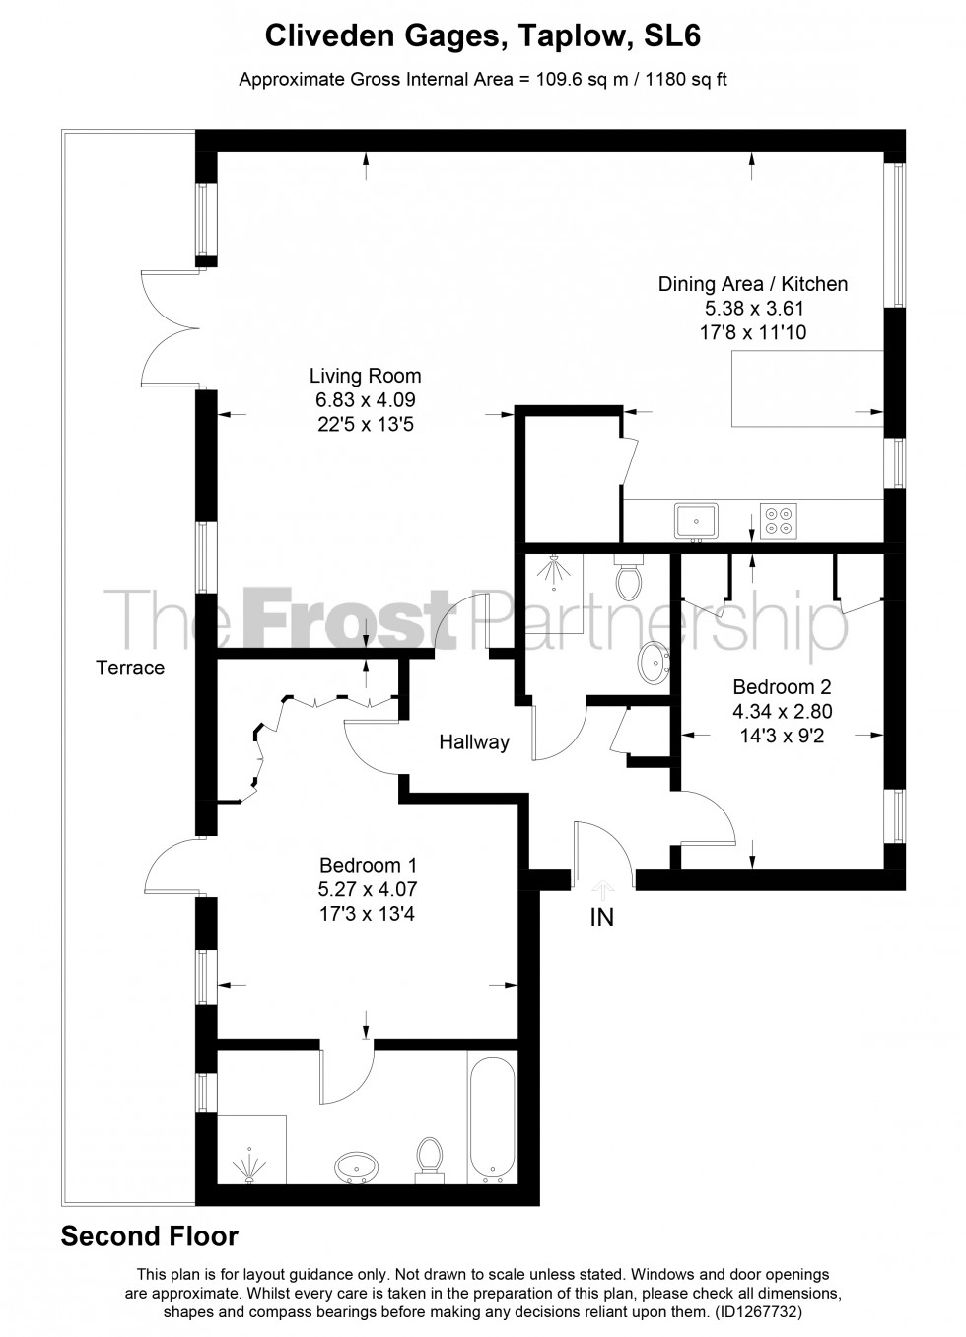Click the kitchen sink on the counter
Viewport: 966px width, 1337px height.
click(697, 520)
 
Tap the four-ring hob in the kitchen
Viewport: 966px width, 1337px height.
click(778, 520)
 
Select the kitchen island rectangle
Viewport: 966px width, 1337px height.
click(806, 388)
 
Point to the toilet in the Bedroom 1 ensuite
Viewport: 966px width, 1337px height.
click(429, 1159)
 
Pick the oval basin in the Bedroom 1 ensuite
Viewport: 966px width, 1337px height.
click(358, 1168)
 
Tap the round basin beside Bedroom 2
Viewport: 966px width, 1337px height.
click(654, 663)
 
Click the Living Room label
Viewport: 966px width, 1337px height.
click(365, 376)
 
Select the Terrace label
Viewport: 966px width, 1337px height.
click(130, 668)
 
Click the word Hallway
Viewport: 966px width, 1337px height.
click(474, 742)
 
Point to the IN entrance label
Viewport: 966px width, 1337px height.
click(601, 917)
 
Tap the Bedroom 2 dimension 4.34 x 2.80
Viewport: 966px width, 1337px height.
click(774, 711)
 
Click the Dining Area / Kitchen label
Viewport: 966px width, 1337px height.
click(752, 284)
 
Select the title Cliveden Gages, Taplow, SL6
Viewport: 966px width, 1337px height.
click(483, 36)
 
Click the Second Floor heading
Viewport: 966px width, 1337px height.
click(150, 1236)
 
